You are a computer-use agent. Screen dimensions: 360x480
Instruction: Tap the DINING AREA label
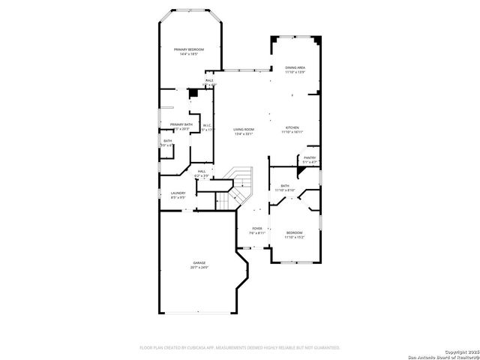[x=295, y=67]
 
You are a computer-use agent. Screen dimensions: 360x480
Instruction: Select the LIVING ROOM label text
[x=243, y=129]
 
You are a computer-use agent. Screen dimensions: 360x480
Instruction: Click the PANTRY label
[x=309, y=157]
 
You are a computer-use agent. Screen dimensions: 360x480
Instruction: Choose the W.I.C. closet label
[x=207, y=125]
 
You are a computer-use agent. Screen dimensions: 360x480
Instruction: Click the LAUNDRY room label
[x=178, y=193]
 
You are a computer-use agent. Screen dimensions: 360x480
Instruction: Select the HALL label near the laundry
[x=202, y=172]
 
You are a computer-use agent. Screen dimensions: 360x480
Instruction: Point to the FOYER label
[x=256, y=228]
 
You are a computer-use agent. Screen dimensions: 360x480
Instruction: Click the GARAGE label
[x=199, y=262]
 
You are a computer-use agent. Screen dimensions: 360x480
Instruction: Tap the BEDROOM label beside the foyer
[x=294, y=233]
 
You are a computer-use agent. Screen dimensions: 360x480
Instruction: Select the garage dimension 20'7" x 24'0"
[x=199, y=268]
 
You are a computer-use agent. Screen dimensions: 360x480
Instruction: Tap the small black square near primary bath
[x=193, y=92]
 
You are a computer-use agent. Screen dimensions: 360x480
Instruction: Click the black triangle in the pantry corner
[x=301, y=170]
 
